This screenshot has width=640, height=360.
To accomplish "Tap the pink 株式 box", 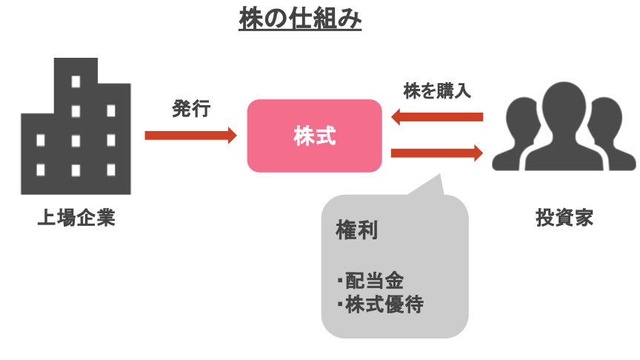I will tap(314, 136).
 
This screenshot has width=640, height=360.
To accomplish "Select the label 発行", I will tap(190, 110).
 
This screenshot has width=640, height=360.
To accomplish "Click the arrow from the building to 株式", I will tap(190, 136).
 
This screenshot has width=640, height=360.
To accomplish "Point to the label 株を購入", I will tap(436, 91).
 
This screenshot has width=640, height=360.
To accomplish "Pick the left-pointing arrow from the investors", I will tap(436, 117).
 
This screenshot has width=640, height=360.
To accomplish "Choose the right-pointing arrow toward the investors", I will tap(436, 153).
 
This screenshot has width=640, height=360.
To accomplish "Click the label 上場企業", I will tap(76, 219).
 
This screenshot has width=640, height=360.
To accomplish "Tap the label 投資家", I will tap(564, 219).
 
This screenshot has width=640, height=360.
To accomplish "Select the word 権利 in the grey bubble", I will tap(357, 230).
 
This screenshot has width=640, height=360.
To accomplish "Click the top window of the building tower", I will tap(75, 81).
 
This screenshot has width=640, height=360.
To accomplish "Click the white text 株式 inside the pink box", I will tap(314, 136).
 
